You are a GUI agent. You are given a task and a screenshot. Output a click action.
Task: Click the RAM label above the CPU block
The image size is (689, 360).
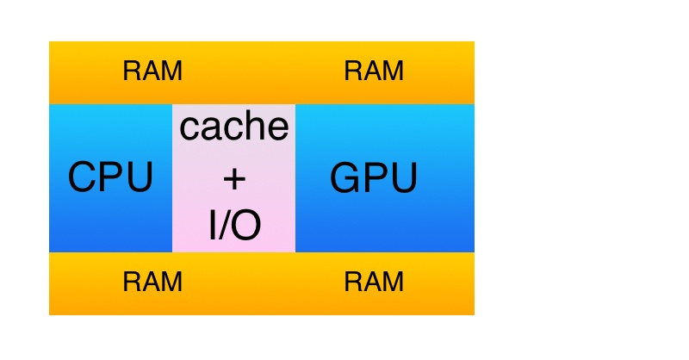[x=152, y=71]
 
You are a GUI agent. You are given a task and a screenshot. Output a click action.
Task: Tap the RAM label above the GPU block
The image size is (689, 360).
[x=374, y=71]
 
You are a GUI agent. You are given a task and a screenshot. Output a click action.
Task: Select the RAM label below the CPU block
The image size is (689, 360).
[x=152, y=282]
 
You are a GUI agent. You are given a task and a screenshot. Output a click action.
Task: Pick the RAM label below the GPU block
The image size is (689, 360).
[x=374, y=282]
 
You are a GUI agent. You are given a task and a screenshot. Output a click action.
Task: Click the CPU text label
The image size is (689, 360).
[x=110, y=178]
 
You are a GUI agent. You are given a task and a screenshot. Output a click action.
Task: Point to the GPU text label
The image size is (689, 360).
[x=374, y=178]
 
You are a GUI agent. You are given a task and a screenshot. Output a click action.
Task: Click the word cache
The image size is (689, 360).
[x=233, y=127]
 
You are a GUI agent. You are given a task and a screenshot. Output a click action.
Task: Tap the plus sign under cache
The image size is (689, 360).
[x=234, y=178]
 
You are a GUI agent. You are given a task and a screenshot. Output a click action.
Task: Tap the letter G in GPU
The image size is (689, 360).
[x=346, y=178]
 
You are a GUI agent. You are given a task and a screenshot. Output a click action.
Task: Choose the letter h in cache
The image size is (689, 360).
[x=250, y=126]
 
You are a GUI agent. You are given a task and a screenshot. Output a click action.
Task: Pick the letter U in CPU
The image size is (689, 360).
[x=139, y=178]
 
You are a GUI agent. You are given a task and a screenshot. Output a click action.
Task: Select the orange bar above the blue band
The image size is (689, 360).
[x=262, y=72]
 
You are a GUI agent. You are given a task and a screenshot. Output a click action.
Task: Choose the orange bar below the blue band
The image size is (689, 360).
[x=262, y=283]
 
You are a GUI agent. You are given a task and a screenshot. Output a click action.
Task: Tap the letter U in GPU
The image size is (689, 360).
[x=403, y=178]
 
